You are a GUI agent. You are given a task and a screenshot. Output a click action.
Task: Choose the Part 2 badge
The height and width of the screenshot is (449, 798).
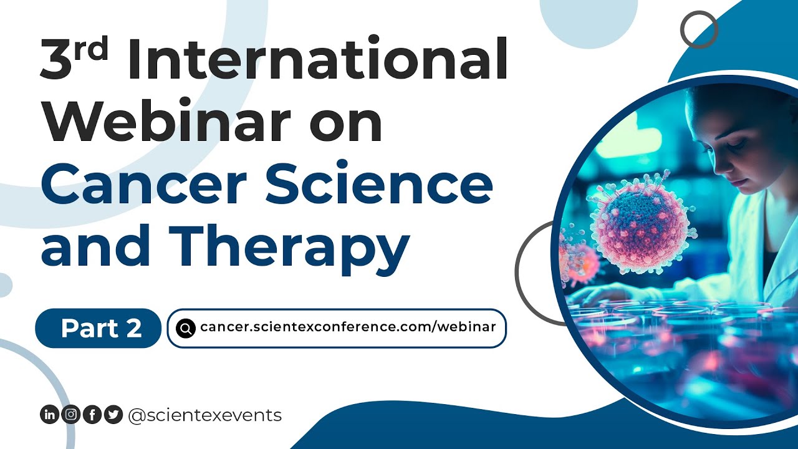click(99, 328)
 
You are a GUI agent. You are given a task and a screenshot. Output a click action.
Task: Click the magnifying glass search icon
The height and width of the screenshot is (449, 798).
click(186, 328)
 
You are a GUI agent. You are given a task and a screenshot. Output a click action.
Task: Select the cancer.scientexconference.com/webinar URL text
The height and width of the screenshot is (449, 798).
click(348, 327)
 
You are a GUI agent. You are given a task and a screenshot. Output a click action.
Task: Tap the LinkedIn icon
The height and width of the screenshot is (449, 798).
click(49, 415)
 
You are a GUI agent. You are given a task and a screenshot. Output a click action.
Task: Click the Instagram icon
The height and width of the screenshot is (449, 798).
click(71, 415)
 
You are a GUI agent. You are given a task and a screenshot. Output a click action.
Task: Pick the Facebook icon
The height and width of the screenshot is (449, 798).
click(92, 415)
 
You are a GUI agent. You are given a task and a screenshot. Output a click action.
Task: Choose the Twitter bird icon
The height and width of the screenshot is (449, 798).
click(113, 415)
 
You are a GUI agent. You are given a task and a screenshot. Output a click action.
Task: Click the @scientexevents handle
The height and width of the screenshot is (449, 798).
click(204, 415)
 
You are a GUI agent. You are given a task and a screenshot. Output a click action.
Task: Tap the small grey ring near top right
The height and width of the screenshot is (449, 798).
click(699, 29)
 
